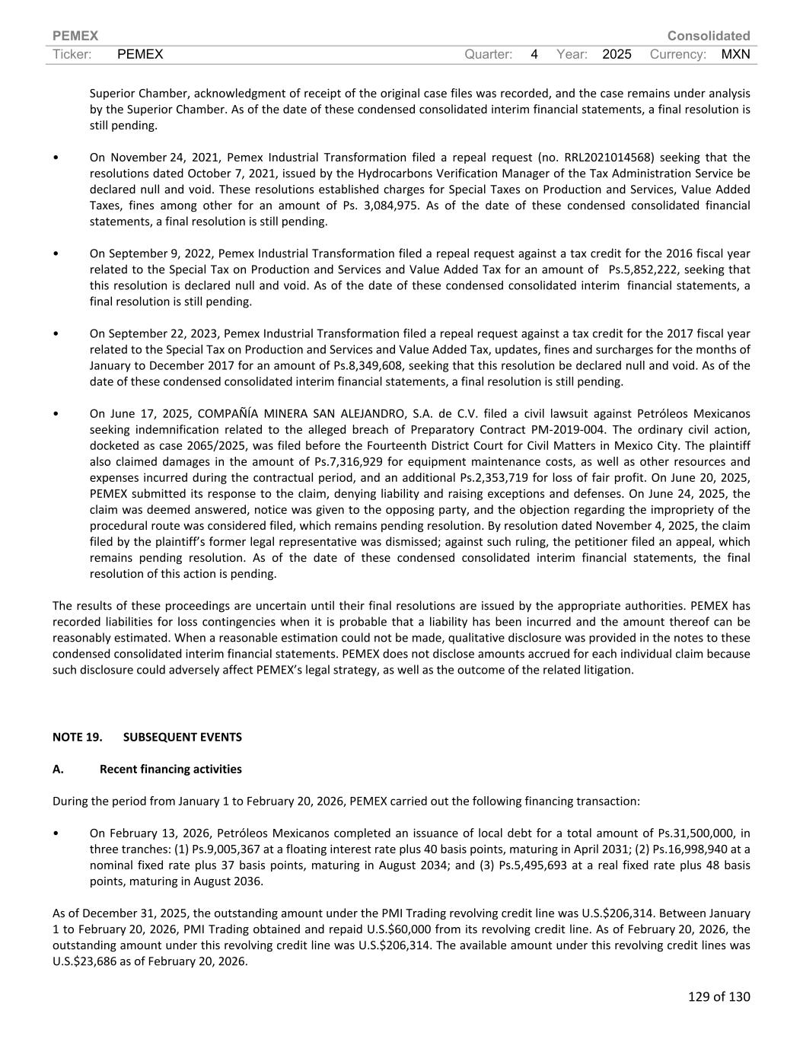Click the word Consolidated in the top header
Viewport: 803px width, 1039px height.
click(708, 36)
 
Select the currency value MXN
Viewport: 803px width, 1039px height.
click(735, 54)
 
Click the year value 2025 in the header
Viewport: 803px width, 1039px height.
click(617, 54)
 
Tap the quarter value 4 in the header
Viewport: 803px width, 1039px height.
click(534, 54)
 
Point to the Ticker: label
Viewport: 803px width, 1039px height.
click(72, 54)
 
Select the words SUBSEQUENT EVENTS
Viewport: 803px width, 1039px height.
click(182, 737)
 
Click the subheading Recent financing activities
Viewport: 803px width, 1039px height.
click(170, 769)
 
